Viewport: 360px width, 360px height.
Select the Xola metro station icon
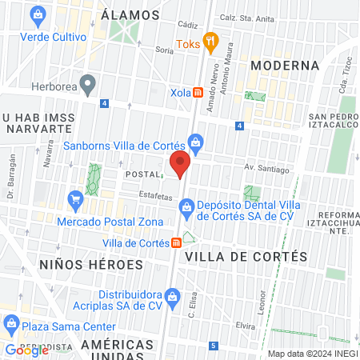tap(198, 93)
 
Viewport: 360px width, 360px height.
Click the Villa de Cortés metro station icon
tap(176, 243)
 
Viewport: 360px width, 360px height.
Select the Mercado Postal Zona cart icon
tap(76, 198)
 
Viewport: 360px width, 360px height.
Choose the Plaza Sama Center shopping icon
tap(11, 323)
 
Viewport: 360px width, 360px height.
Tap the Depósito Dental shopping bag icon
tap(186, 209)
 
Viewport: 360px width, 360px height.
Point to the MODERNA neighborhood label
tap(284, 65)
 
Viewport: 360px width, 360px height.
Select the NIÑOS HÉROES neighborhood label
tap(90, 264)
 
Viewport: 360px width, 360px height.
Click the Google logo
tap(26, 350)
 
